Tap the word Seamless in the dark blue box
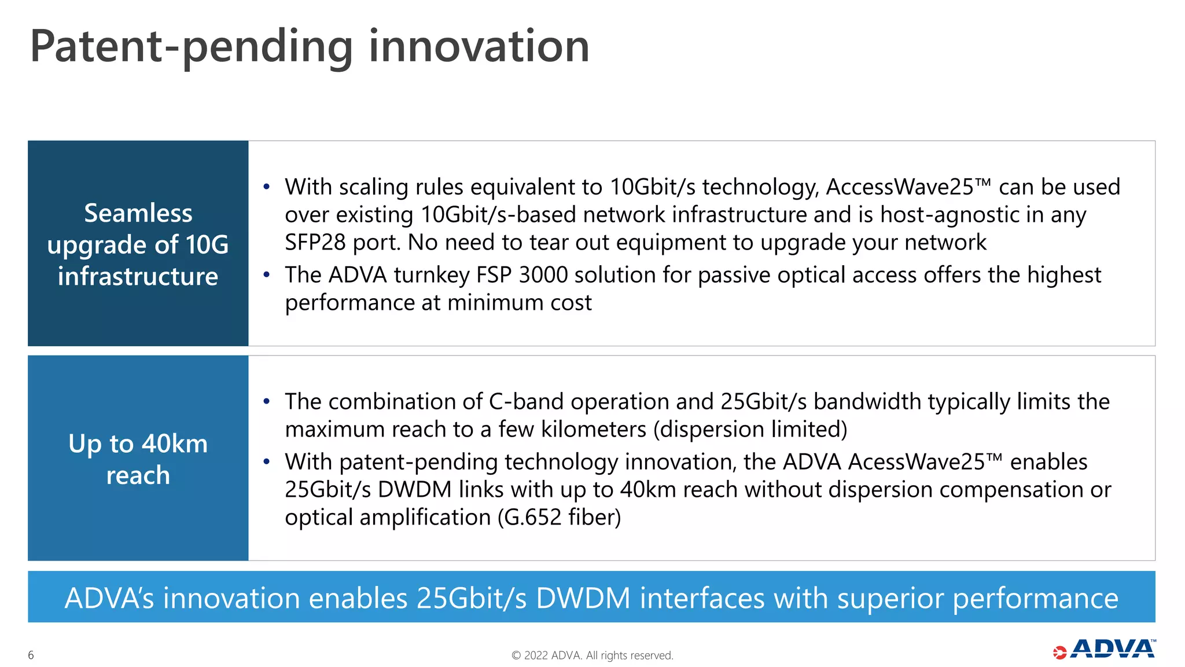pos(138,213)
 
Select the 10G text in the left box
pos(207,245)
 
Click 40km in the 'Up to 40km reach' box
pos(175,444)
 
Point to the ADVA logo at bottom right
pos(1105,650)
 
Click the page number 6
pos(31,655)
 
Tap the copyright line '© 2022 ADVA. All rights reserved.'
pos(592,655)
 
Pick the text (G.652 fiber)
pos(559,517)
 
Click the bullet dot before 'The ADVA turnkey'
pos(266,275)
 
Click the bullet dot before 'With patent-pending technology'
pos(266,462)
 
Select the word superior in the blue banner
pos(891,598)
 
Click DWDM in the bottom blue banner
pos(583,598)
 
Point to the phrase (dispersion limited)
pos(750,430)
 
